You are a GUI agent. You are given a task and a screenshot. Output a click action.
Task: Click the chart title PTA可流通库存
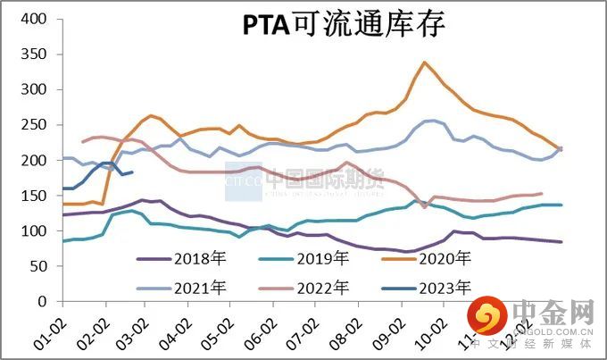tap(344, 26)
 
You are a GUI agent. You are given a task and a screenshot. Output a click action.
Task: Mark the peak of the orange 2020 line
tap(425, 63)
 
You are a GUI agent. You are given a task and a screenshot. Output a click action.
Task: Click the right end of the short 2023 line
tap(132, 172)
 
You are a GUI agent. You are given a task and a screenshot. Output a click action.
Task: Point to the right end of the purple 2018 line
tap(561, 242)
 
